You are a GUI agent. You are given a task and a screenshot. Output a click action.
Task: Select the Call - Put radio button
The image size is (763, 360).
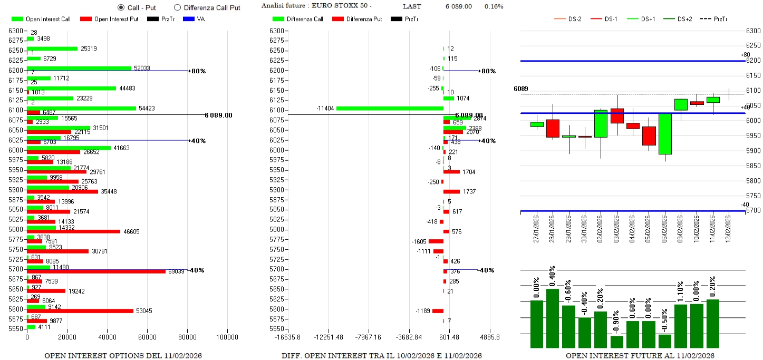121,7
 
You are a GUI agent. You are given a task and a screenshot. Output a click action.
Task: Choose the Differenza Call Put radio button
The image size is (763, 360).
177,7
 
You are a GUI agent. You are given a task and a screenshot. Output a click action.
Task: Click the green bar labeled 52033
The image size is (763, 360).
79,68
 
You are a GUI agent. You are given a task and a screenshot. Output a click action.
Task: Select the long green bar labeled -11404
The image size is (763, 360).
390,108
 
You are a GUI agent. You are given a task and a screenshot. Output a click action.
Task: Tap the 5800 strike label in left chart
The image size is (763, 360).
16,229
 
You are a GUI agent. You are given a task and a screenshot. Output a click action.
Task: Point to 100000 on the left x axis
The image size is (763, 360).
227,337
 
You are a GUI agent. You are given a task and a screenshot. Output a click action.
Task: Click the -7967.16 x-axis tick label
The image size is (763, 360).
368,337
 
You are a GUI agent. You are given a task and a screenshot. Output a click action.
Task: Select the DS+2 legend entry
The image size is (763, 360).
684,19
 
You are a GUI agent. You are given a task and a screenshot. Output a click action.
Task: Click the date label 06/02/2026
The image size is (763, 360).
665,227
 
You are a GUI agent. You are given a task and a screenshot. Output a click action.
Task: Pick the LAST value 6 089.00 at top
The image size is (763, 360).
458,6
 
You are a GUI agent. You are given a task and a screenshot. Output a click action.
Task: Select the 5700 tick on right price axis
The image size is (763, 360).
752,211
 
